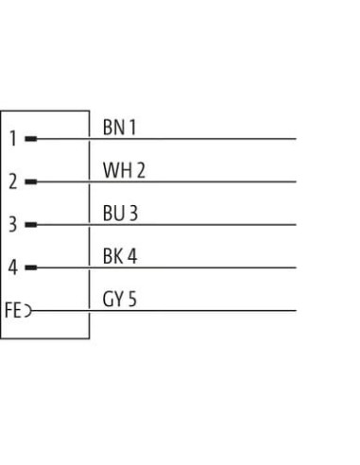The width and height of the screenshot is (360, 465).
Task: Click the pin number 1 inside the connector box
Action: pyautogui.click(x=13, y=138)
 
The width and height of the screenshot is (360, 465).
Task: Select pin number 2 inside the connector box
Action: pyautogui.click(x=13, y=181)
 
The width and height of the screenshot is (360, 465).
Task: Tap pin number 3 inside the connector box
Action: pyautogui.click(x=13, y=225)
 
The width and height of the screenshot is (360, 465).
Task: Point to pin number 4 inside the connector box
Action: pyautogui.click(x=12, y=267)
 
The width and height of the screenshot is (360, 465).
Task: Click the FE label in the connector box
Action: pyautogui.click(x=13, y=310)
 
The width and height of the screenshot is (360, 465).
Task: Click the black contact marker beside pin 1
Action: pyautogui.click(x=31, y=139)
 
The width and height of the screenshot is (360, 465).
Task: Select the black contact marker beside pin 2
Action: pyautogui.click(x=31, y=181)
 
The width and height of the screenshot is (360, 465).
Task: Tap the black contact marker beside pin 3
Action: pyautogui.click(x=31, y=225)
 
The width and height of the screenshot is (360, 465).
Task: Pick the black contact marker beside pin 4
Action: pyautogui.click(x=31, y=267)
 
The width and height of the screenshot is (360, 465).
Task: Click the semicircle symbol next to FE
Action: pyautogui.click(x=31, y=311)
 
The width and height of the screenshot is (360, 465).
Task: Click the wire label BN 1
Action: pyautogui.click(x=119, y=128)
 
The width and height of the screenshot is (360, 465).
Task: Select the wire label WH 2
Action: pyautogui.click(x=124, y=170)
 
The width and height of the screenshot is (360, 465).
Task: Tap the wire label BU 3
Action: pyautogui.click(x=120, y=214)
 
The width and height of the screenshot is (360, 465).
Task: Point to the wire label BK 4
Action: pyautogui.click(x=120, y=256)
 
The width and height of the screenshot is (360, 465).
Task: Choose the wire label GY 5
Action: pyautogui.click(x=120, y=300)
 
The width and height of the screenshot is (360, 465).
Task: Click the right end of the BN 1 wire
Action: pyautogui.click(x=296, y=139)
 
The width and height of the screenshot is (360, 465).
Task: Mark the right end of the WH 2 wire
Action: pyautogui.click(x=296, y=181)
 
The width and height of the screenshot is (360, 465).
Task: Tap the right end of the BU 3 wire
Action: pyautogui.click(x=296, y=225)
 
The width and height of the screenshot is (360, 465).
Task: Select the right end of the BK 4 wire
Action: pyautogui.click(x=296, y=267)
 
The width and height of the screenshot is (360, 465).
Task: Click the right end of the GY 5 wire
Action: pyautogui.click(x=296, y=311)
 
